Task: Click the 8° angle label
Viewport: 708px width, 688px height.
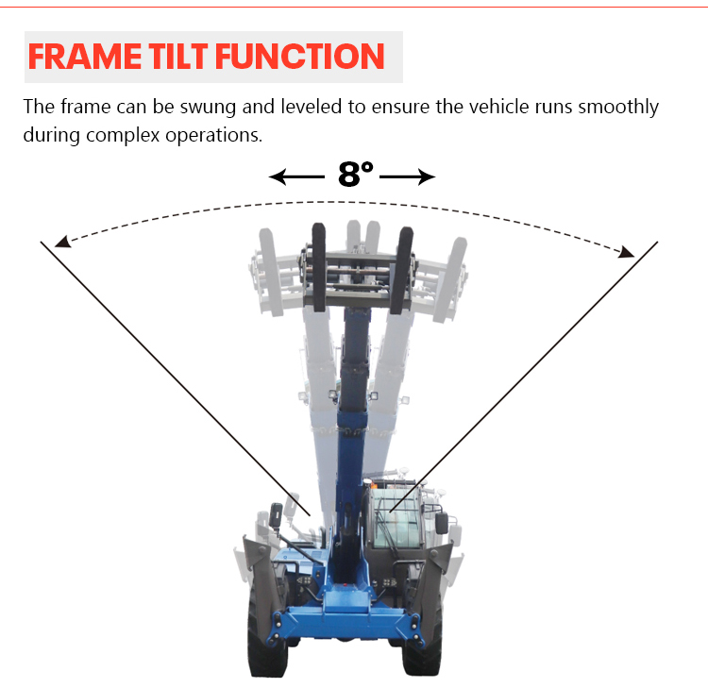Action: (355, 175)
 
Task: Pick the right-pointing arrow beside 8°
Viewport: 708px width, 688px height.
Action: (408, 176)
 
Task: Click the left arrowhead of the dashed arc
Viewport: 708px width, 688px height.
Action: (61, 242)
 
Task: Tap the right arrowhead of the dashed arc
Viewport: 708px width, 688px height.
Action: (625, 251)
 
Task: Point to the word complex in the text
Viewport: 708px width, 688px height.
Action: (119, 134)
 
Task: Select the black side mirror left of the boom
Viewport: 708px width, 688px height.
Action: (276, 515)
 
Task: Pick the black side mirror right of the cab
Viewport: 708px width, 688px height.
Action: (441, 523)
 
